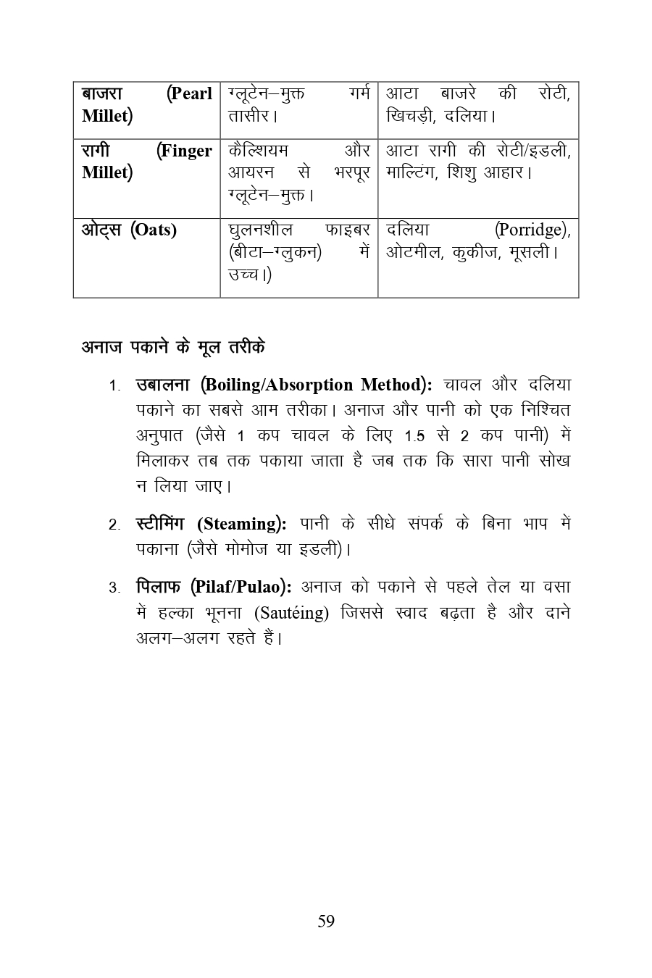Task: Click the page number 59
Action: [326, 921]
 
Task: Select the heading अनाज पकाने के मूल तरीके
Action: [172, 348]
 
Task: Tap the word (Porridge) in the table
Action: [532, 230]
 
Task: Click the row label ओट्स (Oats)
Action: [129, 230]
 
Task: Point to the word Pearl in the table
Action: [190, 94]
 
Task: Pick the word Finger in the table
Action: [185, 151]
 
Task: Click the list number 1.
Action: [114, 386]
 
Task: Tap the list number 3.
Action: [114, 588]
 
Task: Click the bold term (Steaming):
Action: [241, 524]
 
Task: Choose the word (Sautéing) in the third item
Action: [291, 613]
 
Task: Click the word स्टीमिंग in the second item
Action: [160, 524]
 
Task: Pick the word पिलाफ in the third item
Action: [159, 587]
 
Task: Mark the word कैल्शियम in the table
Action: [258, 151]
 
